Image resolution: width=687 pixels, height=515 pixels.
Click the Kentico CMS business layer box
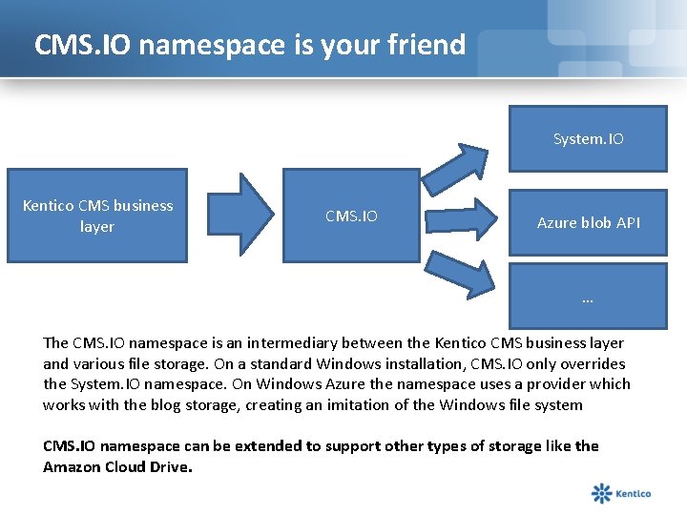coord(97,216)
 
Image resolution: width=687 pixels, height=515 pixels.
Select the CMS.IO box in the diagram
coord(351,216)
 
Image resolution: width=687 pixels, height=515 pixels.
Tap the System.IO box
coord(588,138)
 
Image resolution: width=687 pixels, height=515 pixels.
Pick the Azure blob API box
coord(588,223)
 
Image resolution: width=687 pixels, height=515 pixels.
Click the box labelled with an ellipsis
coord(588,297)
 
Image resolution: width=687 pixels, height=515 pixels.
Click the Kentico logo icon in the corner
coord(602,493)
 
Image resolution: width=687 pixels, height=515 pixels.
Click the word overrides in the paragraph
coord(592,363)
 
